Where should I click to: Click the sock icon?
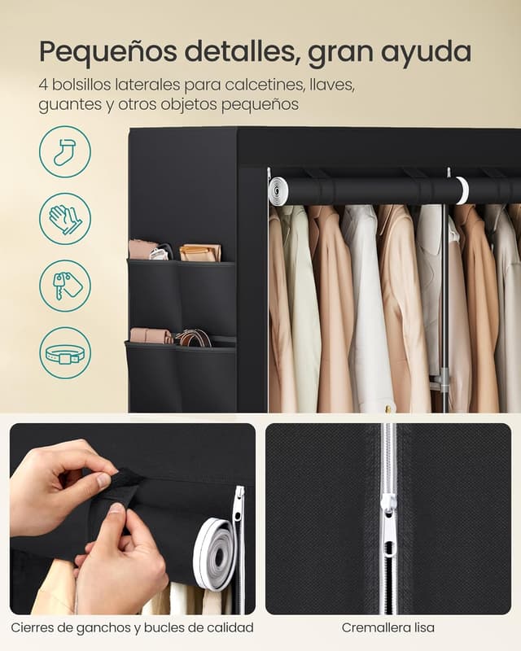[x=65, y=152]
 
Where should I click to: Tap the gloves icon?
[x=65, y=219]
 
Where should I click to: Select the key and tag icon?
[x=65, y=286]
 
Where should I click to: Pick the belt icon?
[x=65, y=353]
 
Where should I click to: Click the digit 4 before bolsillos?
[x=43, y=85]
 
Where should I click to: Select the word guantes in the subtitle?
[x=70, y=105]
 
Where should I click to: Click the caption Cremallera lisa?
[x=388, y=627]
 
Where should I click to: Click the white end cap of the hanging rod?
[x=278, y=190]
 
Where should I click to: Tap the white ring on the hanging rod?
[x=462, y=190]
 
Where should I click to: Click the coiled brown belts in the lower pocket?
[x=193, y=338]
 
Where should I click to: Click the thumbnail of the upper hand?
[x=104, y=480]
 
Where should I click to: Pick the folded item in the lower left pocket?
[x=150, y=335]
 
